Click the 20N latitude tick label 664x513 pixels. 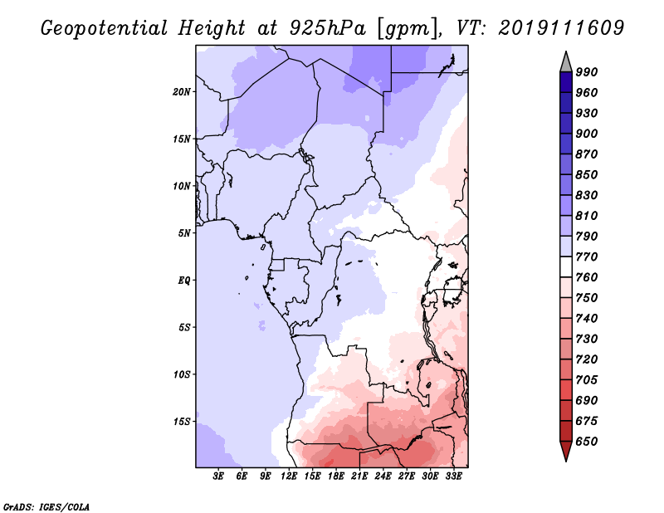[x=182, y=91]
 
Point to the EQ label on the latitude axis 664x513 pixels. [x=184, y=280]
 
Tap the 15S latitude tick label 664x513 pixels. [x=182, y=421]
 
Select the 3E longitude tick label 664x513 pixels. [x=219, y=476]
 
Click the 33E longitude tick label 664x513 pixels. [x=454, y=476]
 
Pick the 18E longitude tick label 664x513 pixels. [x=337, y=476]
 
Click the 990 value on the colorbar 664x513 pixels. [x=587, y=72]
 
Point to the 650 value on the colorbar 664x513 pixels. [x=587, y=442]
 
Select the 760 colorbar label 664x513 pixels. [x=587, y=277]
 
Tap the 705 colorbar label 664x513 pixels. [x=587, y=380]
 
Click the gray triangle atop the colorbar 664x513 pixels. [x=566, y=61]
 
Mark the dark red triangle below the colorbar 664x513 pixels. [x=566, y=452]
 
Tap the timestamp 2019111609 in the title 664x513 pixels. [x=561, y=28]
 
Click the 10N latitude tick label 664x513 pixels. [x=182, y=186]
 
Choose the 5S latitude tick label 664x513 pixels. [x=184, y=327]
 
